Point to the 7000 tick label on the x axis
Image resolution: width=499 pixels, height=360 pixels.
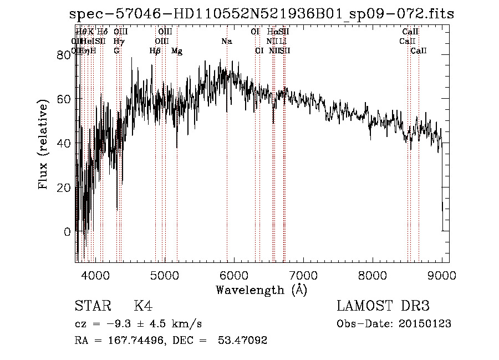point(303,275)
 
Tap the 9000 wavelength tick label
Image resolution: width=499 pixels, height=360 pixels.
point(442,275)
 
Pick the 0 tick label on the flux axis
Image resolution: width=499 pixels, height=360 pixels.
point(67,232)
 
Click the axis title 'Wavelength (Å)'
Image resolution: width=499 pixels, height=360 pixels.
point(261,289)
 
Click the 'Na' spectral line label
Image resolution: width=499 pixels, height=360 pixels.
point(226,42)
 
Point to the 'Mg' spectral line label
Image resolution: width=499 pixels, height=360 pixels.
point(176,51)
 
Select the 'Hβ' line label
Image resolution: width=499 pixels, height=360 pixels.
point(155,51)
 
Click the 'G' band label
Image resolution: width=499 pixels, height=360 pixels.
point(116,51)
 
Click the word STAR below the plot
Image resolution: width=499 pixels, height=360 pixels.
point(91,307)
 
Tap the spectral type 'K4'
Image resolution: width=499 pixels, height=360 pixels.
point(143,307)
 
